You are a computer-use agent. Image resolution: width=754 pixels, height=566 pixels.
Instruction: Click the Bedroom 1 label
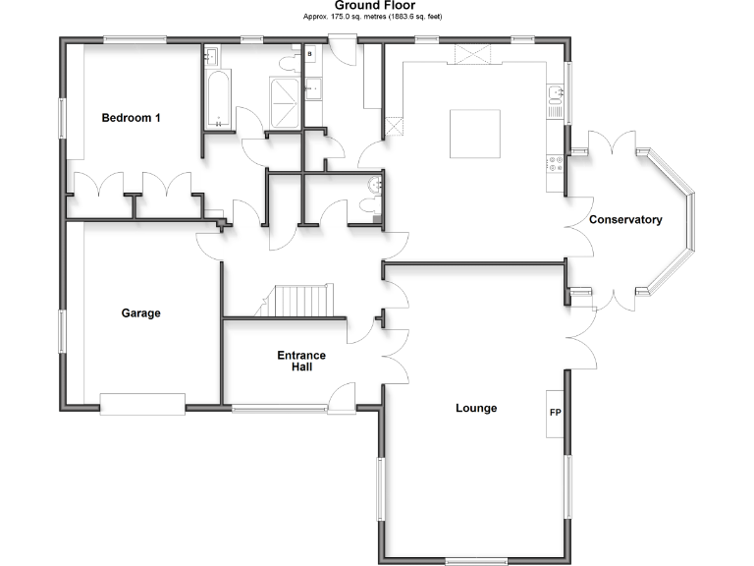click(132, 118)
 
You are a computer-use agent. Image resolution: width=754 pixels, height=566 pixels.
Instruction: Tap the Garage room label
click(140, 313)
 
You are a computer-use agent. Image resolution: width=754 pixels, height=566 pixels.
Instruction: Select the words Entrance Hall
click(301, 362)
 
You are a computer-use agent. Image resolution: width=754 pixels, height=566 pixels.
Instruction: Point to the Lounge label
click(476, 408)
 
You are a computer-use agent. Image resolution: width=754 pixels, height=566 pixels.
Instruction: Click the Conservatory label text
click(625, 220)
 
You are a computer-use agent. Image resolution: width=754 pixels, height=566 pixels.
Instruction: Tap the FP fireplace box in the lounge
click(555, 413)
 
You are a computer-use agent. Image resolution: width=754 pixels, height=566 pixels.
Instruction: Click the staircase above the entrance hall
click(303, 301)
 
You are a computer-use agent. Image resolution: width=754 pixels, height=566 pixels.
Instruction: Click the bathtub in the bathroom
click(217, 99)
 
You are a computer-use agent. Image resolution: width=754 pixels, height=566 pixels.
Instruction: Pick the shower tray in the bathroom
click(288, 103)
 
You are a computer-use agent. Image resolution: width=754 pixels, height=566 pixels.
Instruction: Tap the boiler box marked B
click(310, 55)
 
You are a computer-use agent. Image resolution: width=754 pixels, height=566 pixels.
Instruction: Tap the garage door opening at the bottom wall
click(142, 404)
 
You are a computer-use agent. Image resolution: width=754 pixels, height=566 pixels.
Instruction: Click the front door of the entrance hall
click(343, 398)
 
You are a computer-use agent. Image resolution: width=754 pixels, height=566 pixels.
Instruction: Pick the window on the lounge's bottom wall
click(475, 561)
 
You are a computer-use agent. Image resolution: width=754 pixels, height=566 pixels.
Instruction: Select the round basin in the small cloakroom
click(374, 186)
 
